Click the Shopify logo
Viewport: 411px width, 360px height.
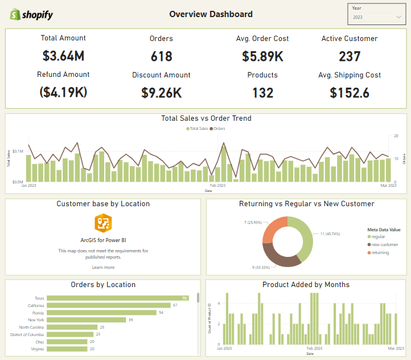[x=31, y=14]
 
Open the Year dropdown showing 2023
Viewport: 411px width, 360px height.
[x=376, y=17]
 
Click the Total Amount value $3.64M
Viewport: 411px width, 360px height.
[x=63, y=56]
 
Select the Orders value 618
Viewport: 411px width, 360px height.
[x=161, y=56]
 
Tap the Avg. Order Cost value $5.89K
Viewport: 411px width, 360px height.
[x=262, y=56]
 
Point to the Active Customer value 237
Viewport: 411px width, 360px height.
[x=350, y=56]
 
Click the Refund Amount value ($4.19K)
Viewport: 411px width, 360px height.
[x=63, y=92]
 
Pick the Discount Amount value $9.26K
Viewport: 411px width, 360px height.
[x=161, y=92]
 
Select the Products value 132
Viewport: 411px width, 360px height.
[x=262, y=92]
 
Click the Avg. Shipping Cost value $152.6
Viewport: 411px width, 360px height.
[x=350, y=92]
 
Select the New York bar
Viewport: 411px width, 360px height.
[x=85, y=320]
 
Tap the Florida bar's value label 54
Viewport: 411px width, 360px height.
[x=161, y=313]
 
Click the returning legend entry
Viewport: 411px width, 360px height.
[x=380, y=252]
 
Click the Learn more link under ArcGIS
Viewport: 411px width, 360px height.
[x=103, y=267]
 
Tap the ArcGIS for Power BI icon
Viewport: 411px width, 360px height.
[x=103, y=223]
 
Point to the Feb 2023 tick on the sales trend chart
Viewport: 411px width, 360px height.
[x=217, y=186]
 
